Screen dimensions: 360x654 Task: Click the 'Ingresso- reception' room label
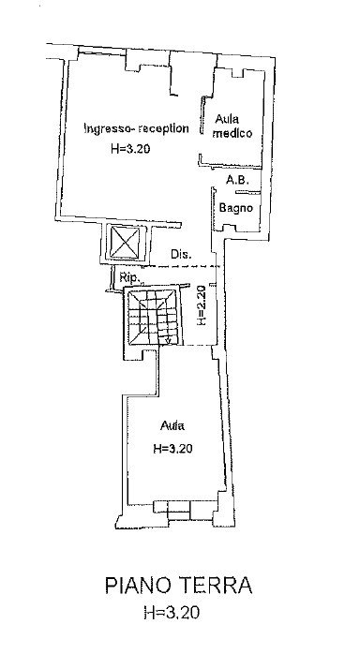[x=137, y=128]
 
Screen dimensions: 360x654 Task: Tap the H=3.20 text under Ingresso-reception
[x=130, y=148]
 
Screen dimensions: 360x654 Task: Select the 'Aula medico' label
[x=232, y=126]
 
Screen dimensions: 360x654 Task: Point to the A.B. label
[x=237, y=180]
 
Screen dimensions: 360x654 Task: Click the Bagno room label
[x=236, y=207]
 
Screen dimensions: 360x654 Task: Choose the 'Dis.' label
[x=181, y=254]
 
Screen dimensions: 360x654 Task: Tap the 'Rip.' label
[x=128, y=277]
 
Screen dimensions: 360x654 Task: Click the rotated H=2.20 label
[x=201, y=305]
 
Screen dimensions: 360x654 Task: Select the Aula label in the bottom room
[x=172, y=426]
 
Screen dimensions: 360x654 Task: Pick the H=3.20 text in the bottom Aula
[x=172, y=449]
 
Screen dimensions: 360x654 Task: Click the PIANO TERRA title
[x=178, y=586]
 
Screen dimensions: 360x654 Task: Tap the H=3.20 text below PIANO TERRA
[x=172, y=612]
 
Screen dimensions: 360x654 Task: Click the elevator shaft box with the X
[x=124, y=242]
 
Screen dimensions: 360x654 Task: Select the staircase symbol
[x=152, y=317]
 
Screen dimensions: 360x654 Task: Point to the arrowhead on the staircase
[x=167, y=341]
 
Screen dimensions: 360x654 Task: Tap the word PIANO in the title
[x=138, y=586]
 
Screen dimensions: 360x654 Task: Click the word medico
[x=232, y=133]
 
